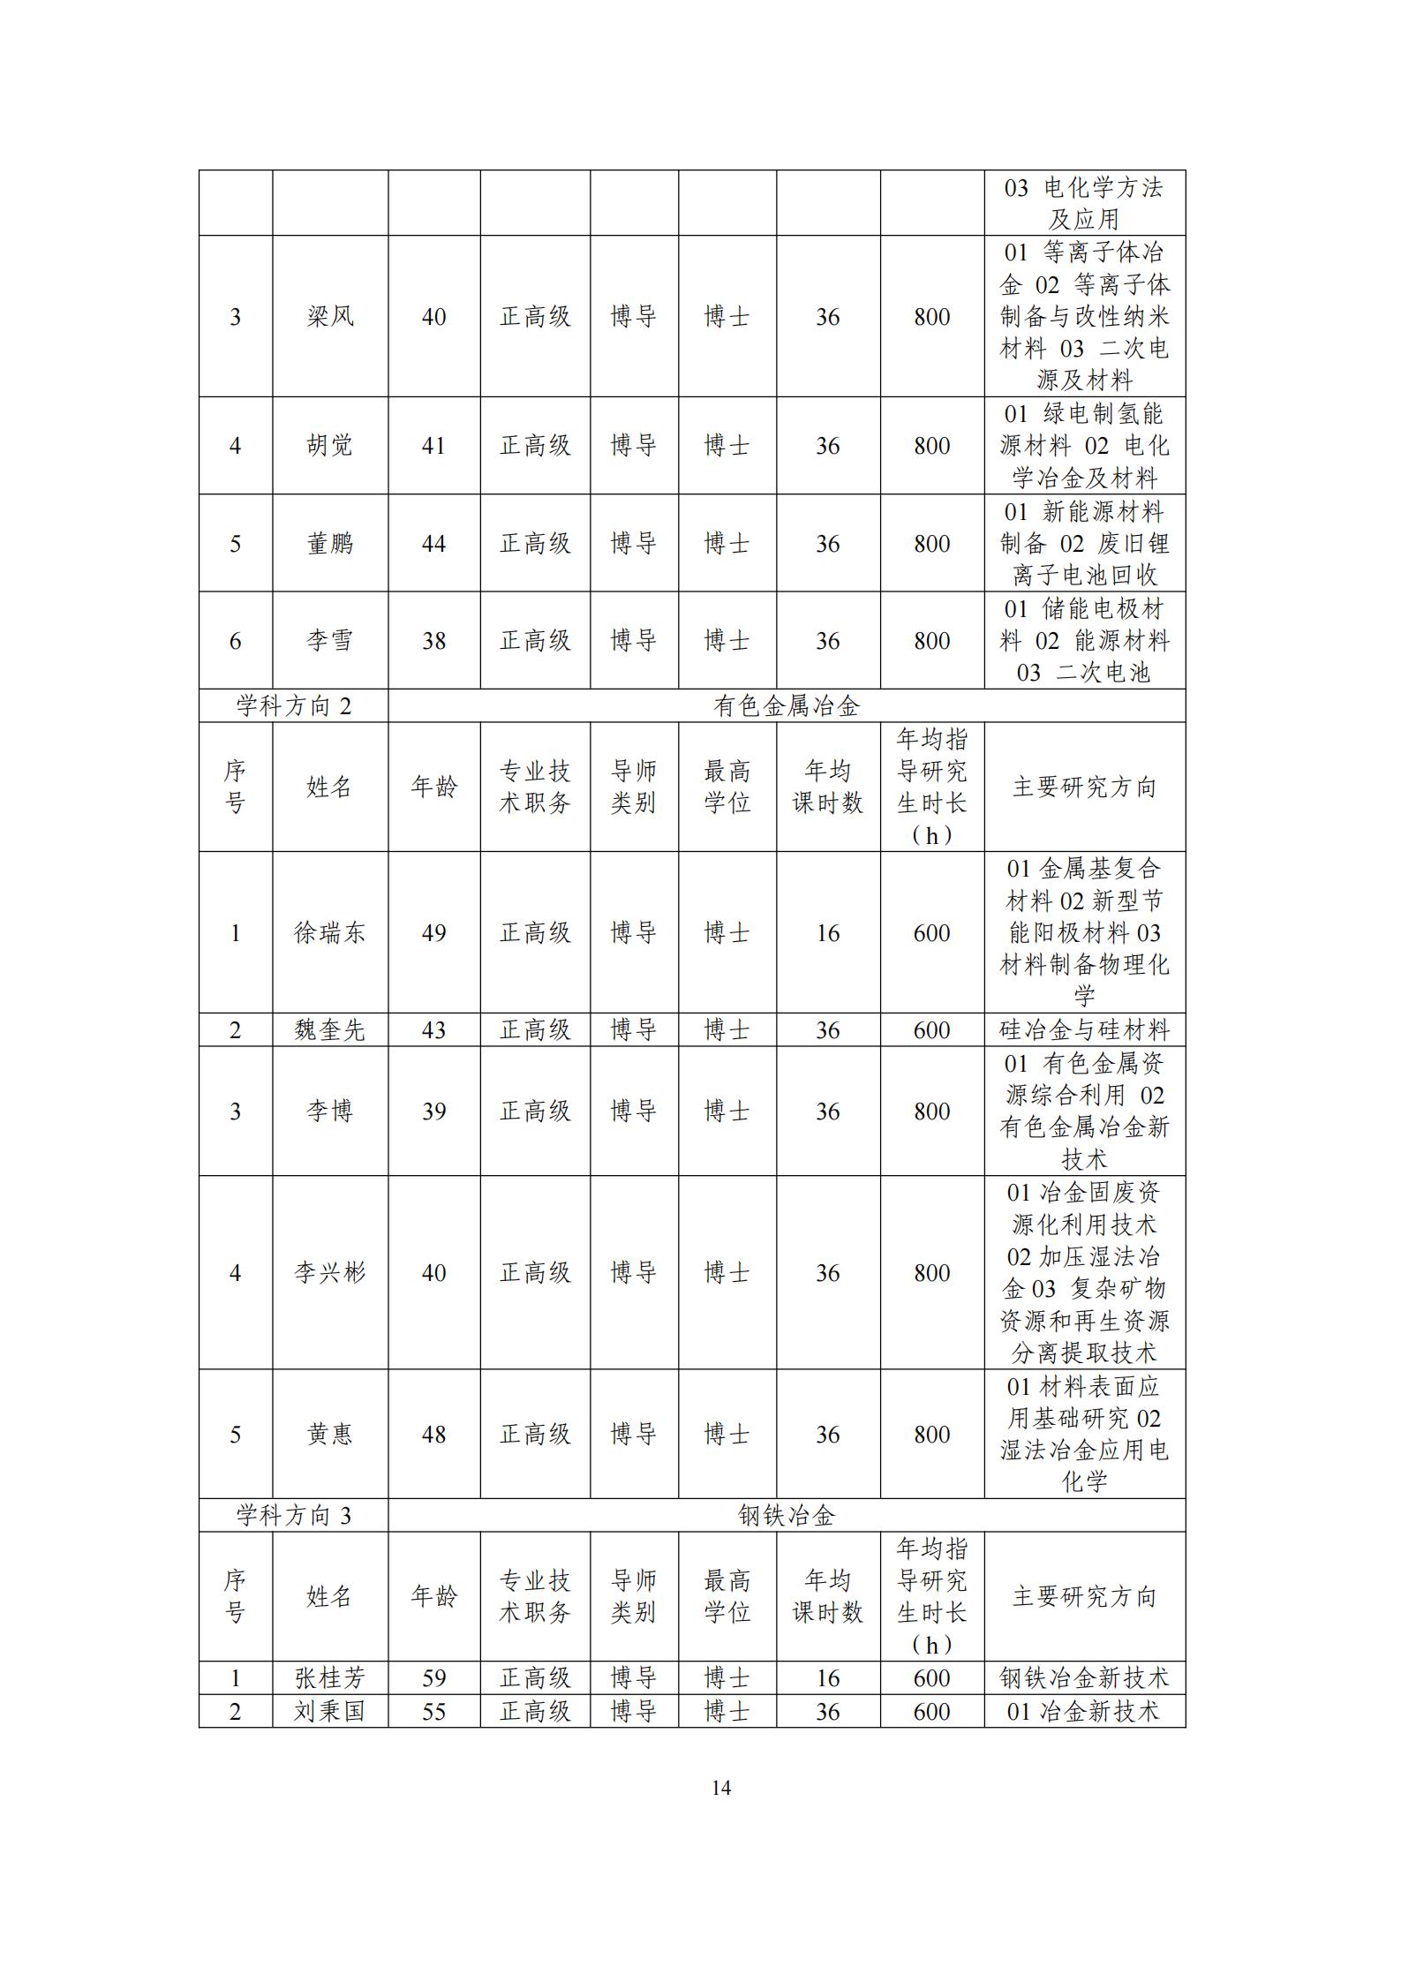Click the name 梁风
[x=329, y=316]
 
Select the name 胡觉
[x=329, y=445]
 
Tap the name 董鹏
[x=329, y=543]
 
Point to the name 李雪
[x=329, y=640]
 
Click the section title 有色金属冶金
[x=786, y=705]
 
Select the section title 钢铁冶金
[x=786, y=1515]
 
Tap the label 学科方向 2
[x=293, y=705]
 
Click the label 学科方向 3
[x=293, y=1515]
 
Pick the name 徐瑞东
[x=329, y=932]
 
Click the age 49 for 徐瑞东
[x=433, y=932]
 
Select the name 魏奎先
[x=329, y=1029]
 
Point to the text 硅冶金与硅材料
[x=1084, y=1029]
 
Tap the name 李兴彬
[x=329, y=1272]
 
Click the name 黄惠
[x=329, y=1434]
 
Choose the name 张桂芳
[x=329, y=1677]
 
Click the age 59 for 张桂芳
[x=433, y=1677]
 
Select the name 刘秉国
[x=329, y=1711]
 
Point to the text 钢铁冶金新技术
[x=1084, y=1677]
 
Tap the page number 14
[x=720, y=1788]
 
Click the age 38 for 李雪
[x=433, y=640]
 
